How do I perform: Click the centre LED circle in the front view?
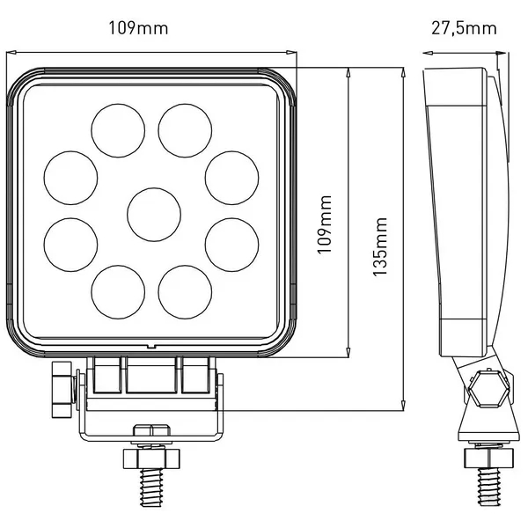tap(154, 215)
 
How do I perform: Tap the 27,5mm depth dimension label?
tap(464, 29)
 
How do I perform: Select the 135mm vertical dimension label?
tap(380, 246)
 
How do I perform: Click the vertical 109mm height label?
tap(325, 224)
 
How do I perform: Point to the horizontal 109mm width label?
tap(138, 28)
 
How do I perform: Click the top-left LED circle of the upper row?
tap(118, 130)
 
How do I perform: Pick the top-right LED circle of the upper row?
tap(185, 130)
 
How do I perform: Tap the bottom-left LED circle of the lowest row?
tap(118, 292)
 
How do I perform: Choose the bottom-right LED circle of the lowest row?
tap(185, 292)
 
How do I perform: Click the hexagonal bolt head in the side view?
tap(488, 388)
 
